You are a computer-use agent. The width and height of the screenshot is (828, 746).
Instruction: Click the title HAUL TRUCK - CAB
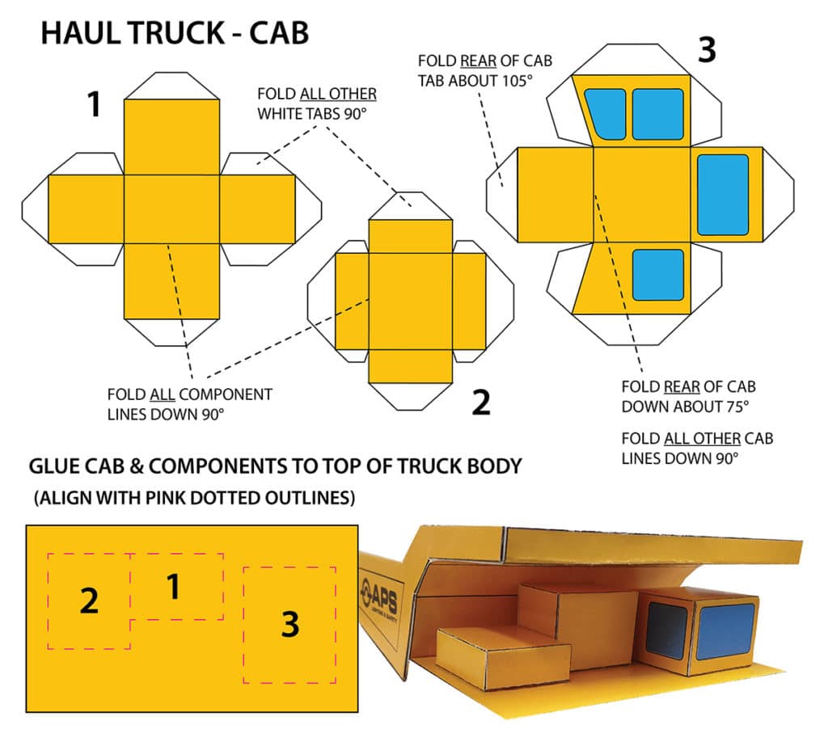coord(175,33)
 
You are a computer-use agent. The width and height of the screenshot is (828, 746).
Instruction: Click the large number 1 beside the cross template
coord(95,105)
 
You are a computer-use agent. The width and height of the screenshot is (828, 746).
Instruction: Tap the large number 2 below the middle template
coord(481,402)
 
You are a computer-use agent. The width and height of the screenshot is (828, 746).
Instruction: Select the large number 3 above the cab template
coord(706,51)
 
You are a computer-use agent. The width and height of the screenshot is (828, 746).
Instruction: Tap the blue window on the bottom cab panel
coord(657,275)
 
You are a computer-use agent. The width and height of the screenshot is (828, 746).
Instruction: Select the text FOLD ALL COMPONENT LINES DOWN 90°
coord(189,404)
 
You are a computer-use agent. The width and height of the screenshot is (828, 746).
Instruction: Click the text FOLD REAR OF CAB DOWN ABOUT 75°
coord(688,396)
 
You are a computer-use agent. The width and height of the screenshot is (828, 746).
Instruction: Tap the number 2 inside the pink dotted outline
coord(89,601)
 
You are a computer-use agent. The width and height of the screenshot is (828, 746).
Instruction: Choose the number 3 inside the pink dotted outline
coord(289,623)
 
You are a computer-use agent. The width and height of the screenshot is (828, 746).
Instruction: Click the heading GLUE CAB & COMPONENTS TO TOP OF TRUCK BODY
coord(275,466)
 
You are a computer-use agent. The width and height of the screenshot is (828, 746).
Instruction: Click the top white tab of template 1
coord(171,86)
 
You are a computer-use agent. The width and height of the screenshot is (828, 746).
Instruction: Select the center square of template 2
coord(411,301)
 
